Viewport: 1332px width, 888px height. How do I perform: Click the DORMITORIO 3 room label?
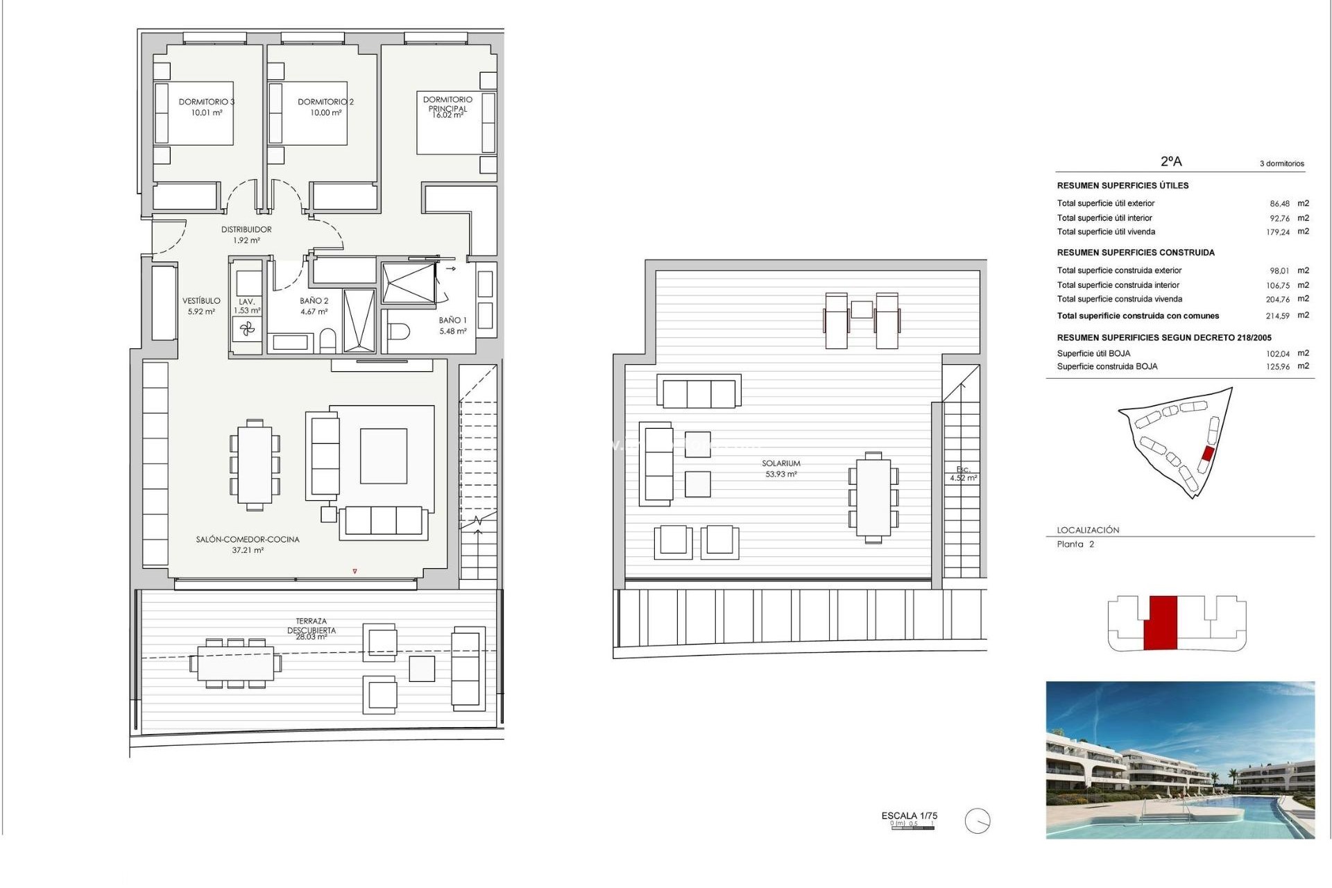point(206,102)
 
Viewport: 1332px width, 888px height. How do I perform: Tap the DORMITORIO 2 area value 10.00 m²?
point(325,113)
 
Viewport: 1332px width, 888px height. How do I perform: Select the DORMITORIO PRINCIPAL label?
point(447,104)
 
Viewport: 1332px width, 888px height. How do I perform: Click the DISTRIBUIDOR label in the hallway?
point(246,230)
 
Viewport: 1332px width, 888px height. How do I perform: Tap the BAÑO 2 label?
point(314,301)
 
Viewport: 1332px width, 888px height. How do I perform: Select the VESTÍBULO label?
point(201,301)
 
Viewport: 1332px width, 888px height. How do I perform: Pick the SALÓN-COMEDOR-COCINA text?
point(248,540)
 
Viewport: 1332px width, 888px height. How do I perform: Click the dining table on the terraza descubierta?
point(236,664)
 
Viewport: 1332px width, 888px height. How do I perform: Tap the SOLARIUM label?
point(781,463)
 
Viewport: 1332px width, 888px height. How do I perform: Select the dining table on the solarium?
point(873,497)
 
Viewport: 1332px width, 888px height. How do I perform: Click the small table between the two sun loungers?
point(862,309)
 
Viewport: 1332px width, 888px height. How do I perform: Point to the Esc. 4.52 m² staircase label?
point(963,474)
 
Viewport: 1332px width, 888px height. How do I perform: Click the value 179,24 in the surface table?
point(1277,232)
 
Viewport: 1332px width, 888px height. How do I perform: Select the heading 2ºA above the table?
point(1171,162)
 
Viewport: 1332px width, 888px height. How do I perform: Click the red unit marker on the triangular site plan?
point(1207,454)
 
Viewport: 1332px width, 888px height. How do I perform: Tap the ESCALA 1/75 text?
point(909,816)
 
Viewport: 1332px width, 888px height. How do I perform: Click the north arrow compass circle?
point(977,821)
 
